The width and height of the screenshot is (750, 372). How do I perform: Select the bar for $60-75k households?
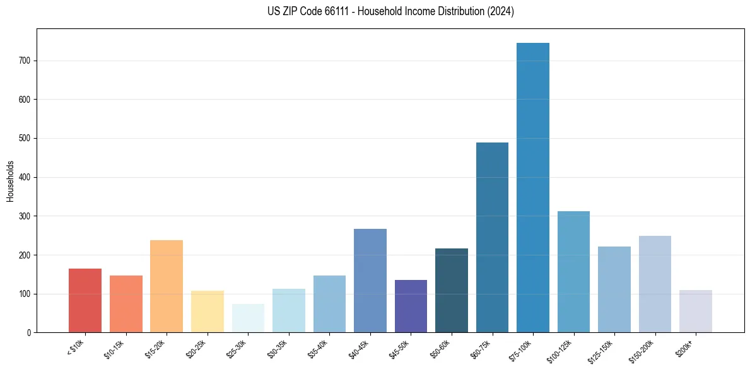492,237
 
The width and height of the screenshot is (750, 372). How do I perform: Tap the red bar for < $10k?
85,300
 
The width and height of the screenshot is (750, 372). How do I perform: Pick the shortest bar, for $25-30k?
248,318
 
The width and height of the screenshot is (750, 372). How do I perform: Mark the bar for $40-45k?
370,281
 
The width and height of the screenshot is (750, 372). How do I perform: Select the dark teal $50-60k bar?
452,290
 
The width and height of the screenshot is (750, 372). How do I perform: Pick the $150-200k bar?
655,284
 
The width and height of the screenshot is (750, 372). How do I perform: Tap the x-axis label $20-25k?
196,349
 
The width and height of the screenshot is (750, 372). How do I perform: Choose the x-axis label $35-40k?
318,349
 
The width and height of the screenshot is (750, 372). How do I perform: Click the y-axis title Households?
11,181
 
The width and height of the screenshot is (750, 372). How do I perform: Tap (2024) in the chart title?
501,11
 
